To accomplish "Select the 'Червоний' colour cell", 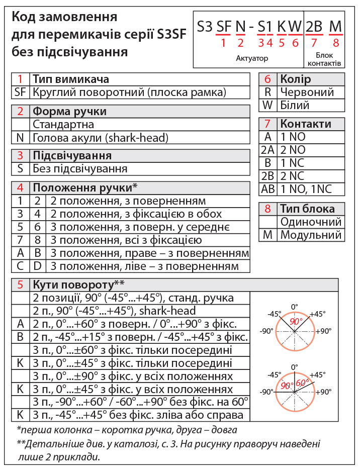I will (x=307, y=92).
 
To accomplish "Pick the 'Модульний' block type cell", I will (x=311, y=235).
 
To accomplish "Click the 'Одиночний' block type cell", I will (x=311, y=222).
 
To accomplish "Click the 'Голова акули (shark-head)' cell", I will (x=101, y=138).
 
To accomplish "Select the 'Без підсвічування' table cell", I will (x=80, y=169).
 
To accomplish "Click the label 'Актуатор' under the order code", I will (x=252, y=58).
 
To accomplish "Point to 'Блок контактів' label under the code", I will (x=324, y=59).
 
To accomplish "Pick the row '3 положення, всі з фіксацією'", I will (x=118, y=240).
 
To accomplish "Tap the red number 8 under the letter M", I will (x=336, y=43).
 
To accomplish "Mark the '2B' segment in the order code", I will (x=315, y=27).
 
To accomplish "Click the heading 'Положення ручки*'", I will (x=85, y=188).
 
